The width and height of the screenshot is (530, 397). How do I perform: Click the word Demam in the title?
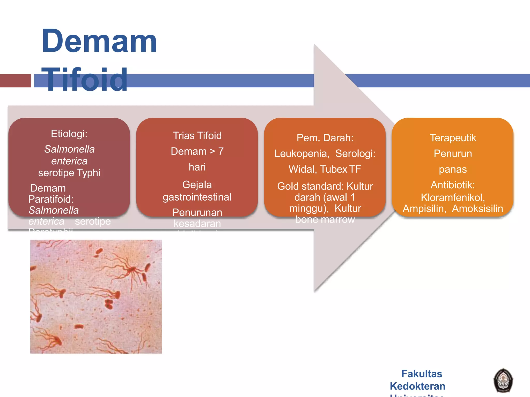pyautogui.click(x=99, y=41)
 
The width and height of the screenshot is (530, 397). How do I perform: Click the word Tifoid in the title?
pyautogui.click(x=84, y=80)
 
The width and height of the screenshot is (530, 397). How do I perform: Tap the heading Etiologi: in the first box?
pyautogui.click(x=69, y=134)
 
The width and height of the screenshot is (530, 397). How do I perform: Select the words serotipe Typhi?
pyautogui.click(x=69, y=173)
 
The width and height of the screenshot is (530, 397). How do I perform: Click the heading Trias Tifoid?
pyautogui.click(x=197, y=136)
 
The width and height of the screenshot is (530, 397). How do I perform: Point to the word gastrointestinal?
pyautogui.click(x=197, y=197)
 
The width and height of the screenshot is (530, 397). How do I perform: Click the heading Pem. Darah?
pyautogui.click(x=325, y=138)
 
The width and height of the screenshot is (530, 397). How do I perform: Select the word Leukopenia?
pyautogui.click(x=301, y=154)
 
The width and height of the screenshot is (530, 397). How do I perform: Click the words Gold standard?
pyautogui.click(x=310, y=186)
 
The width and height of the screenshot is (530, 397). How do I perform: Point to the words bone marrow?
pyautogui.click(x=325, y=219)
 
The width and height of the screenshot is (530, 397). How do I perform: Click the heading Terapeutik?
pyautogui.click(x=453, y=138)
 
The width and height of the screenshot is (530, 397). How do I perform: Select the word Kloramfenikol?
pyautogui.click(x=452, y=198)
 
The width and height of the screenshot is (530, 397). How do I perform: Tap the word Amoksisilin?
pyautogui.click(x=477, y=209)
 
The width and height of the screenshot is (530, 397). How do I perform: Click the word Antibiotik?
pyautogui.click(x=453, y=185)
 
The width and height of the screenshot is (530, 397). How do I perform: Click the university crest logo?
pyautogui.click(x=503, y=380)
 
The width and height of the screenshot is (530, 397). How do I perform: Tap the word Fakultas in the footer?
pyautogui.click(x=422, y=374)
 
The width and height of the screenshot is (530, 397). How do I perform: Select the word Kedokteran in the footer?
pyautogui.click(x=417, y=386)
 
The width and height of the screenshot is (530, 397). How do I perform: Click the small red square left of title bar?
pyautogui.click(x=15, y=81)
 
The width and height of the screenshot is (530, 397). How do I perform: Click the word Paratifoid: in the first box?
pyautogui.click(x=51, y=199)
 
